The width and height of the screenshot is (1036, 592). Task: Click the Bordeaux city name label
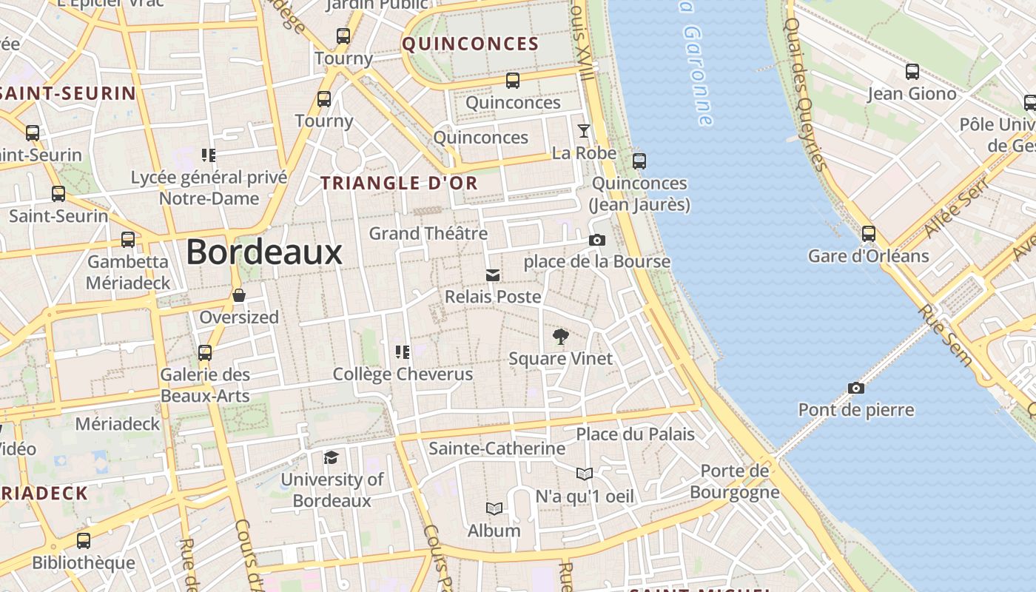[x=264, y=252]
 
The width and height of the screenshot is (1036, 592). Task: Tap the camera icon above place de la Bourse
[x=596, y=240]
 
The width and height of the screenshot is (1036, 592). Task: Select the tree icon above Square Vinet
[x=561, y=337]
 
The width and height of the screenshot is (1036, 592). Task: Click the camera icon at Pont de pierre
[x=855, y=388]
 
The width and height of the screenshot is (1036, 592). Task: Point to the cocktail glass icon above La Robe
[x=584, y=131]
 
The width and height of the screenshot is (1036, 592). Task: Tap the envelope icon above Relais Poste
[x=492, y=275]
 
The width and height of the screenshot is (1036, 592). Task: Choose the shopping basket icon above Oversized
[x=239, y=295]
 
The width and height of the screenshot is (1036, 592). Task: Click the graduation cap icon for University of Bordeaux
[x=331, y=458]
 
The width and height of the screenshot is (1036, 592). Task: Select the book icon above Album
[x=494, y=508]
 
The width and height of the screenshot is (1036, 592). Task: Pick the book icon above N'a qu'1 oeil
[x=585, y=474]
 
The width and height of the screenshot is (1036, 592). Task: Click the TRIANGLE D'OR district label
[x=399, y=183]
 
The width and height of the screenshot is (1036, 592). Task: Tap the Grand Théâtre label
[x=428, y=234]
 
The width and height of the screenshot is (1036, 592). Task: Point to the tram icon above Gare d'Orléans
[x=869, y=234]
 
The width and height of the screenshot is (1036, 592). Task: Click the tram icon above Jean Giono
[x=912, y=72]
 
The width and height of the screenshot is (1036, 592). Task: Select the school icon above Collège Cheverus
[x=403, y=351]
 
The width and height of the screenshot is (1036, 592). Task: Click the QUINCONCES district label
[x=471, y=44]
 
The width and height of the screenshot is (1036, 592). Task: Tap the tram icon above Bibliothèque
[x=84, y=541]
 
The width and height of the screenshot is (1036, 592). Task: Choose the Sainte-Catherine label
[x=497, y=448]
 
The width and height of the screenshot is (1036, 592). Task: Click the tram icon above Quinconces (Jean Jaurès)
[x=639, y=161]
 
